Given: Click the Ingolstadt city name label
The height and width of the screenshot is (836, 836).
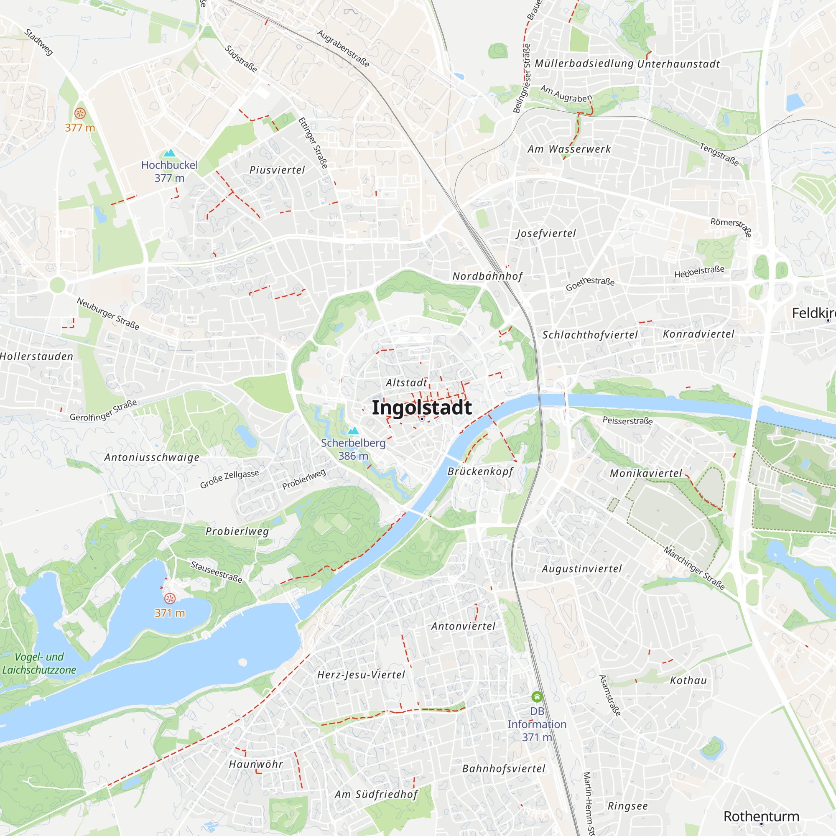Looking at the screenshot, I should click(421, 408).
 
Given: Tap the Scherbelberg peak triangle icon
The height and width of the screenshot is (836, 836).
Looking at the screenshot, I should click(354, 431).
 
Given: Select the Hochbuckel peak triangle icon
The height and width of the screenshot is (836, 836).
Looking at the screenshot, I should click(169, 153).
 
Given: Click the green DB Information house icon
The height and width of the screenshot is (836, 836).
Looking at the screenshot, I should click(537, 697).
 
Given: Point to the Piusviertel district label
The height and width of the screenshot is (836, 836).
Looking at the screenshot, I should click(277, 170).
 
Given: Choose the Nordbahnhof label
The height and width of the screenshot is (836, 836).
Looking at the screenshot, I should click(487, 276).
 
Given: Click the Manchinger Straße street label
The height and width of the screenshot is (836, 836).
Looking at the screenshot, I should click(694, 568).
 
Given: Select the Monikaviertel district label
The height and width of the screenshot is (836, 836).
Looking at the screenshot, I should click(646, 474).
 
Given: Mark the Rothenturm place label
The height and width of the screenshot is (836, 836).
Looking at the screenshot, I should click(761, 816).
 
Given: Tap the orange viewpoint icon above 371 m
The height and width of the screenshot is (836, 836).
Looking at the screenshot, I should click(170, 599).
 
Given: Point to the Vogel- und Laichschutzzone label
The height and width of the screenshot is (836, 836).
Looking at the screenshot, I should click(39, 663).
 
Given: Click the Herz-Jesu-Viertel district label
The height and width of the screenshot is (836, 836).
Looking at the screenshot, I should click(361, 675).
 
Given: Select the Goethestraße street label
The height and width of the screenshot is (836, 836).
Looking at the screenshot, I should click(590, 283).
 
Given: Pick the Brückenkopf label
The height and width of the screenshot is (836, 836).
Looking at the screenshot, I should click(480, 471).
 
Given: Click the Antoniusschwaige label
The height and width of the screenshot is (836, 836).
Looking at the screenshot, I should click(152, 457).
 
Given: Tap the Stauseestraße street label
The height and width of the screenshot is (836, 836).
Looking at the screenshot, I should click(217, 571).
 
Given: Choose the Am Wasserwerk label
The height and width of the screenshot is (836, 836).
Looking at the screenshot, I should click(569, 149).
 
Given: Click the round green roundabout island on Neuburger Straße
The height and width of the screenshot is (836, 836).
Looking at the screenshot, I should click(58, 285).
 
